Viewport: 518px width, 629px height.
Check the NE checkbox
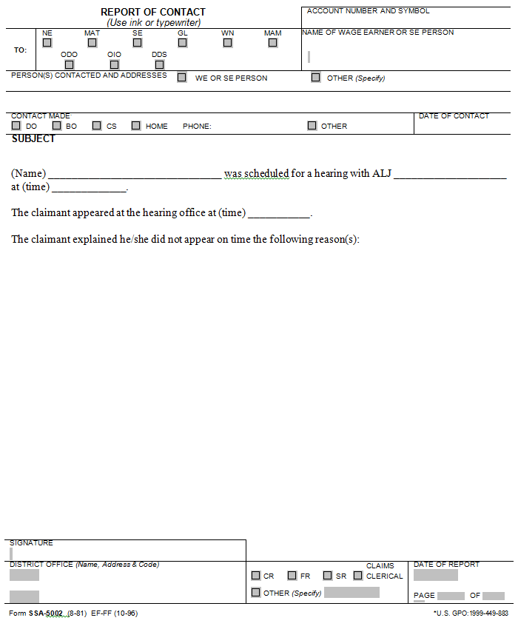tap(47, 43)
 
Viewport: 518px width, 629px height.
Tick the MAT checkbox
tap(92, 43)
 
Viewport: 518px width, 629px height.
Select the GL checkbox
tap(182, 43)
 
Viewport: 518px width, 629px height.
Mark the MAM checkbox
tap(272, 43)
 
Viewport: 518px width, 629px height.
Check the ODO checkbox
tap(69, 64)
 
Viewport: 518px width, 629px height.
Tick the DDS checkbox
tap(159, 64)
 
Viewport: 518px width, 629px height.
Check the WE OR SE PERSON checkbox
tap(182, 77)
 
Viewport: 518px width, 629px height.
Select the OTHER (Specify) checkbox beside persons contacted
tap(316, 77)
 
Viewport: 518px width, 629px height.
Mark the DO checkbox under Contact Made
tap(16, 126)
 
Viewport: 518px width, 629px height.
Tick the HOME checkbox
tap(136, 126)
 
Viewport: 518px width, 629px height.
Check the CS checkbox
tap(97, 126)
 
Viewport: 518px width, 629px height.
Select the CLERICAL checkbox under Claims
tap(358, 576)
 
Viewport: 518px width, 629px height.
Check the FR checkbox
tap(292, 576)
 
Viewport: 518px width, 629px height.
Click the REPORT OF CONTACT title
tap(153, 12)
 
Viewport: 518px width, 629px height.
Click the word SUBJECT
tap(33, 139)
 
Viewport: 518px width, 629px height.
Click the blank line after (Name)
tap(134, 175)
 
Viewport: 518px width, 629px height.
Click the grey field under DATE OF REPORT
tap(435, 575)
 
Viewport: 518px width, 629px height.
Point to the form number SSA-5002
tap(46, 613)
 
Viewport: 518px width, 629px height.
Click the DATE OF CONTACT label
tap(454, 116)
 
